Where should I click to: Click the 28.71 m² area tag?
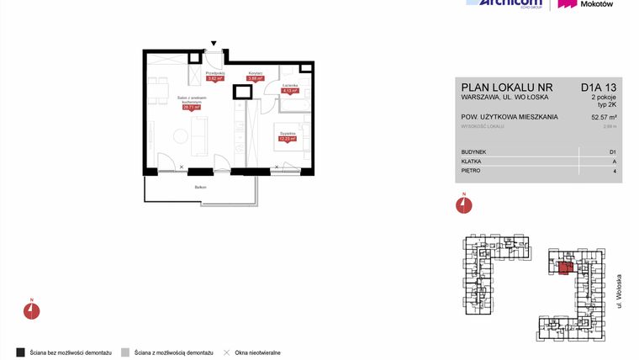point(191,108)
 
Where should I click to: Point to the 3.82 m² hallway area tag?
point(215,79)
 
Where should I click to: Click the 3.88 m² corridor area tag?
point(256,79)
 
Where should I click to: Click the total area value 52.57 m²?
point(605,117)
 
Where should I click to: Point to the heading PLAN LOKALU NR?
point(506,86)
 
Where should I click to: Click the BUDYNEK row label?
point(473,151)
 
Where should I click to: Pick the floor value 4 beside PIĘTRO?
point(615,171)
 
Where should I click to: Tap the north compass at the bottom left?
point(31,310)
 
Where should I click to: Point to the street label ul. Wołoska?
point(619,290)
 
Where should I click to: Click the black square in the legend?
point(20,351)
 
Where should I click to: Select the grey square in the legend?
point(125,351)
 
